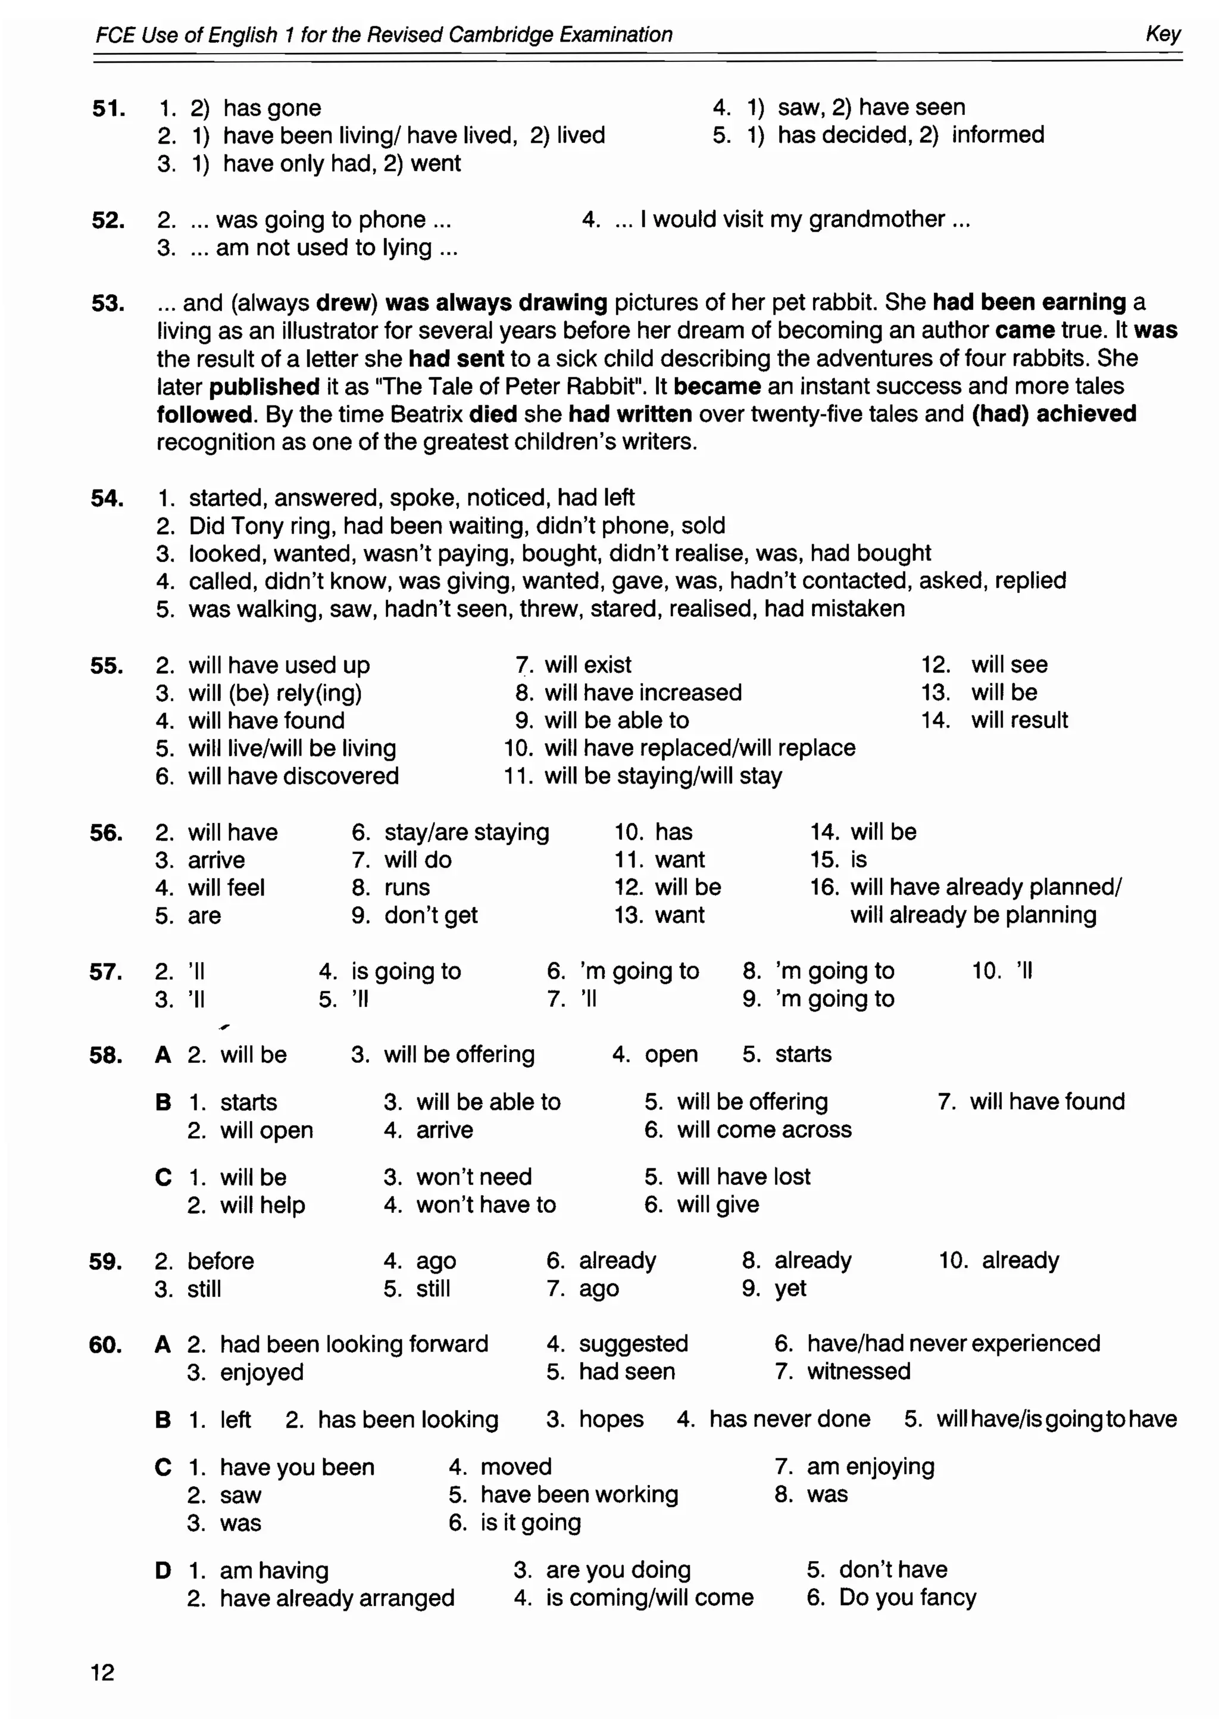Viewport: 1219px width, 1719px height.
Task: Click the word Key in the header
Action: [x=1162, y=34]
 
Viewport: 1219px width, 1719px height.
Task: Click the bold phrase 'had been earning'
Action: [x=1029, y=302]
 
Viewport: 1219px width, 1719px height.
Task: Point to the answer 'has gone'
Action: [x=272, y=108]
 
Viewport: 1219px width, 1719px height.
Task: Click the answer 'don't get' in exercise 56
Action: [x=431, y=915]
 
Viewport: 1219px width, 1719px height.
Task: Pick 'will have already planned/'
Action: [x=986, y=887]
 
